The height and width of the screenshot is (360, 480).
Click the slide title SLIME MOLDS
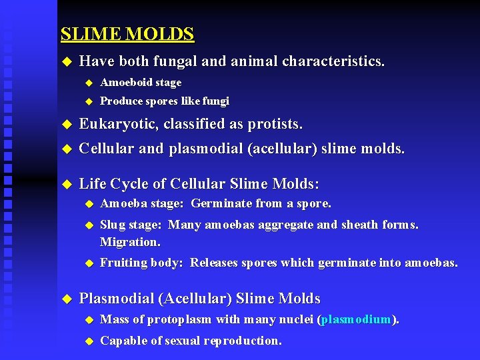127,34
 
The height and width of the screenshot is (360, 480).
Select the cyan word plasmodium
355,319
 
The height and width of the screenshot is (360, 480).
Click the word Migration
130,241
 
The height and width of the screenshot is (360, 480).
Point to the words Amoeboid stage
141,83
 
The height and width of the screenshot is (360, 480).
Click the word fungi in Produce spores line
215,101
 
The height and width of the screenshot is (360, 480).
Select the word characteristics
333,62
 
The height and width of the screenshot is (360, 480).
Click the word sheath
360,225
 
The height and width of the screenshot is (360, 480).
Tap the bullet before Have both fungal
65,62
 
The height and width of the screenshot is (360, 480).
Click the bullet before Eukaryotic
65,125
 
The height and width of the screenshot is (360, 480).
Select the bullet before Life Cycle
65,184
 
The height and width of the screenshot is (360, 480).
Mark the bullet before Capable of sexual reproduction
87,341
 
